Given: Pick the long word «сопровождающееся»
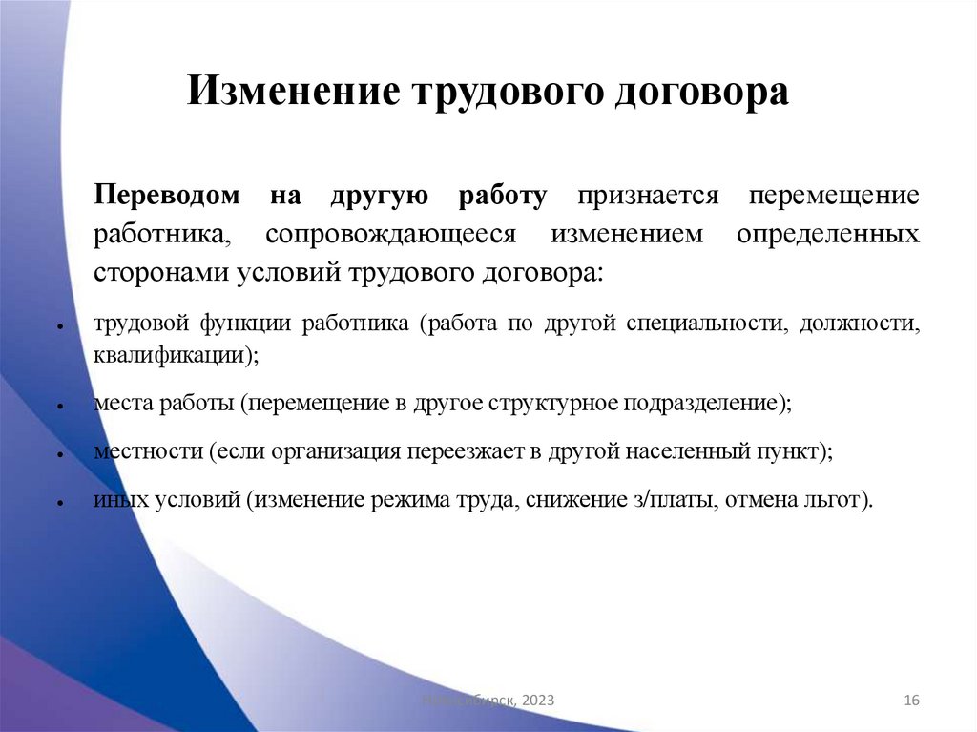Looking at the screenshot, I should [x=390, y=234].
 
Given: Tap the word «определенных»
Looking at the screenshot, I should [x=828, y=234].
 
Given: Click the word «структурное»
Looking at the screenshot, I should [x=553, y=403].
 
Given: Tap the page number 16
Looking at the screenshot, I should [x=910, y=701].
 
